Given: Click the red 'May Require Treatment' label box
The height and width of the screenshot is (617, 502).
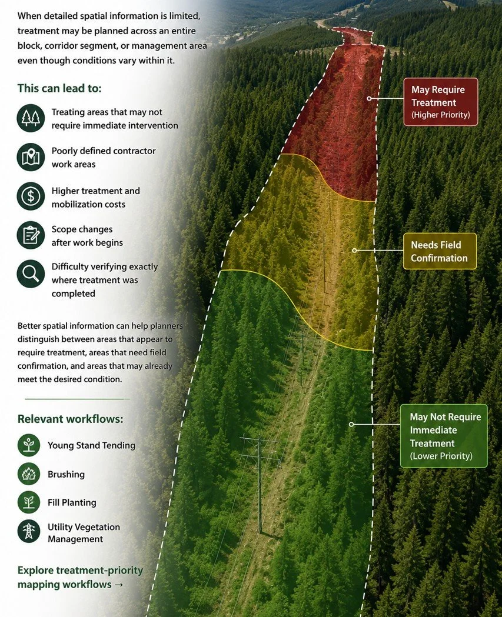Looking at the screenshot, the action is tap(441, 102).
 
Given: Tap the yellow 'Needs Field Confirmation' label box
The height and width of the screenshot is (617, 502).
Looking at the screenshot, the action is tap(440, 251).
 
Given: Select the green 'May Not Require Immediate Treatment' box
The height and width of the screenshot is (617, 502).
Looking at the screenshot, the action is tap(444, 436).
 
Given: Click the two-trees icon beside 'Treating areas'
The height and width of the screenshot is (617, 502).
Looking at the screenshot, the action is tap(31, 118).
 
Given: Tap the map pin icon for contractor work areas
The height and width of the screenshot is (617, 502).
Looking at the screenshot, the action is tap(31, 157).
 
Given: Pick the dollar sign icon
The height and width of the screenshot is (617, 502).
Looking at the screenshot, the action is tap(31, 196).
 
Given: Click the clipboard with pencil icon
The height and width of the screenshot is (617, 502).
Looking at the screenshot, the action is tap(31, 235).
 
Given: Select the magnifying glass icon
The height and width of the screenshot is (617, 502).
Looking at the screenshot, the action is tap(31, 274).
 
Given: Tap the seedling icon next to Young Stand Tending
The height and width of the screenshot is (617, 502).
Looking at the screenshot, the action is tap(29, 445).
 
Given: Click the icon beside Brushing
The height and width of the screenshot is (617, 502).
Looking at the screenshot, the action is tap(29, 473).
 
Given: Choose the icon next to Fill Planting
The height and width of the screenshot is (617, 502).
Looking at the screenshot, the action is tap(29, 502).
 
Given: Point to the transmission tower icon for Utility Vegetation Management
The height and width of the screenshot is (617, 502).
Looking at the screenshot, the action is tap(29, 532).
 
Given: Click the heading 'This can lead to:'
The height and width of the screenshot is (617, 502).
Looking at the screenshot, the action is tap(59, 88).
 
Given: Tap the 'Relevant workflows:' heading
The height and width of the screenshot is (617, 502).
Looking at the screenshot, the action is tap(71, 419).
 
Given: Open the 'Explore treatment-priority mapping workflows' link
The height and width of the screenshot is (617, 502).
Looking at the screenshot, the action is tap(80, 577).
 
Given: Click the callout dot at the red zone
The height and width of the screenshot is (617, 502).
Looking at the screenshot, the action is tap(369, 98).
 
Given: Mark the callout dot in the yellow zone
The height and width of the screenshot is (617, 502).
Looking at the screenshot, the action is tap(354, 250).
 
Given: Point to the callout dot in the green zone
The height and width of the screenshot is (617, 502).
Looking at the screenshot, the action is tap(351, 424).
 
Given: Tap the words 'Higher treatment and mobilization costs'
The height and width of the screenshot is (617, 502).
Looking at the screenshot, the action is tap(96, 198).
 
